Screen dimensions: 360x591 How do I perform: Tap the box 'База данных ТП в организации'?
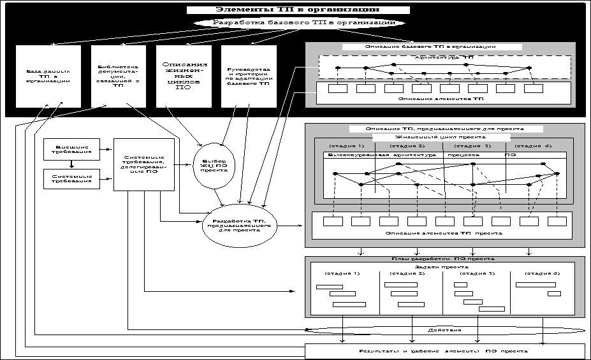[x=48, y=76]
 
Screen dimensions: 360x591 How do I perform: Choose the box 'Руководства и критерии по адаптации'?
[x=249, y=76]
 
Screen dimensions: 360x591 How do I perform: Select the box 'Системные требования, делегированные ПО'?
[x=143, y=164]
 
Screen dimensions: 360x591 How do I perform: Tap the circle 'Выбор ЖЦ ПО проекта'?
[x=213, y=166]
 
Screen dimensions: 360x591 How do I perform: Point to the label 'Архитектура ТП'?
[x=444, y=58]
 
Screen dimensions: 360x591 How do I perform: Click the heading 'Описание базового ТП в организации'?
[x=431, y=47]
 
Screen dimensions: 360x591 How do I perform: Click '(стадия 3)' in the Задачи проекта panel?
[x=477, y=273]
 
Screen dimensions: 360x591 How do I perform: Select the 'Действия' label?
[x=445, y=331]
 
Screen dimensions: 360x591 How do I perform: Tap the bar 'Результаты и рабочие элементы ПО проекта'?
[x=444, y=351]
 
